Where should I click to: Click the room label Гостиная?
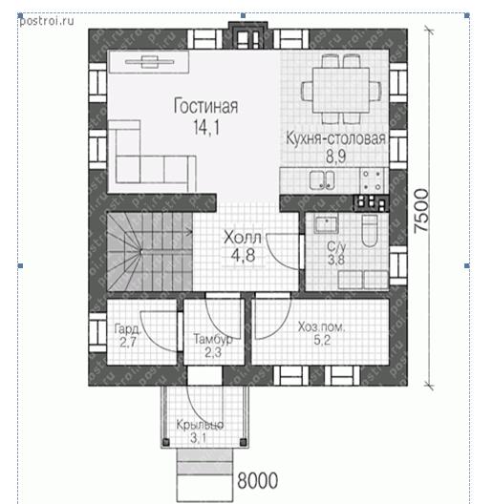tap(205, 106)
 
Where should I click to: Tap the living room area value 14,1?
tap(206, 127)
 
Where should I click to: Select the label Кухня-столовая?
tap(335, 138)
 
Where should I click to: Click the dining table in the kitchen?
tap(341, 90)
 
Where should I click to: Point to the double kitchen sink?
tap(322, 180)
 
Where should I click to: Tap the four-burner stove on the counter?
tap(374, 180)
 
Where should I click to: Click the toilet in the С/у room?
tap(370, 230)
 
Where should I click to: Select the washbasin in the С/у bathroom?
tap(327, 224)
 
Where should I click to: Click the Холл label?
tap(243, 238)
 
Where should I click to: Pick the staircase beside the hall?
tap(150, 252)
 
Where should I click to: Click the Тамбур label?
tap(213, 339)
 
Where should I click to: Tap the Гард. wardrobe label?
tap(128, 328)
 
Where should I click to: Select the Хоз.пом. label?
tap(321, 326)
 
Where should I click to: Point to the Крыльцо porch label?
tap(200, 425)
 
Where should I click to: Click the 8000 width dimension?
tap(257, 481)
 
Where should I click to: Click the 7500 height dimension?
tap(421, 211)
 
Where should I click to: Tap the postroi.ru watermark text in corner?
tap(47, 21)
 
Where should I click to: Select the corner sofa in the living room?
tap(152, 157)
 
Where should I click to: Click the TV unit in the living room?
tap(149, 62)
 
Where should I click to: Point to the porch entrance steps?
tap(205, 474)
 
